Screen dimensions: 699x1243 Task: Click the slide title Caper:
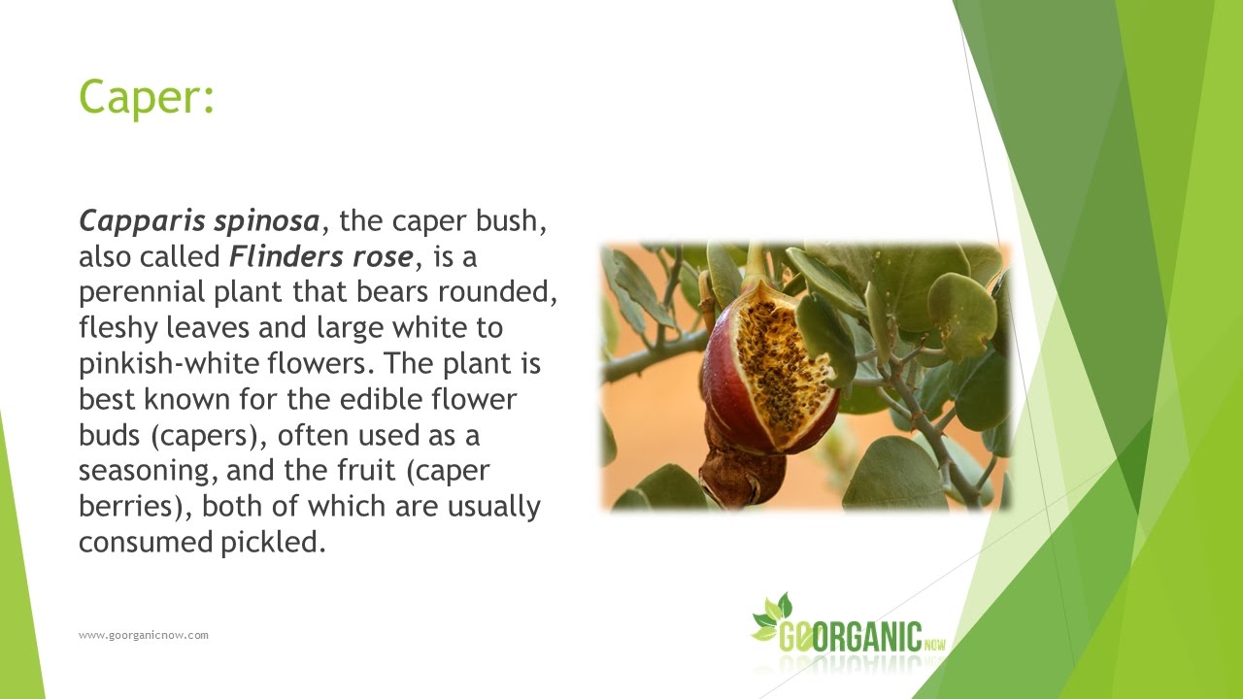(x=146, y=98)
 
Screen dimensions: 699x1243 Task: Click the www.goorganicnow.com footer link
(x=144, y=635)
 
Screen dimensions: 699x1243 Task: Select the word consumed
(x=141, y=541)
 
